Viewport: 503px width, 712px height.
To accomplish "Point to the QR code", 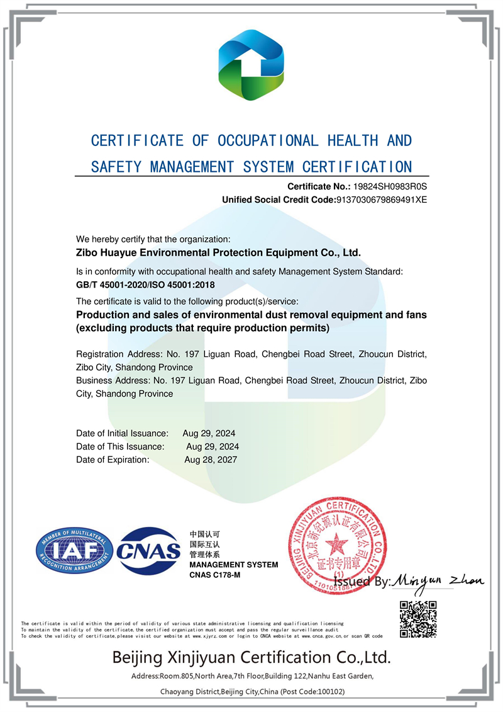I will [x=418, y=620].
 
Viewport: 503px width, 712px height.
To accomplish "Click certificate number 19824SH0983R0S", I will [x=389, y=186].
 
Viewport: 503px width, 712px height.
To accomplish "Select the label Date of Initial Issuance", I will [x=122, y=433].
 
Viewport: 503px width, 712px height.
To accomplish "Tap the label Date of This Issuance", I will [x=120, y=446].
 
